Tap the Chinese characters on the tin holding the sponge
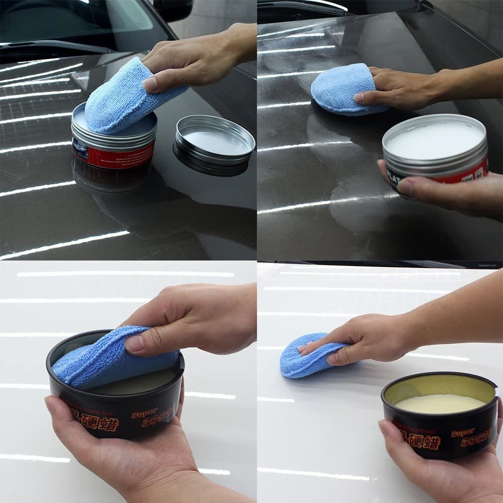point(98,422)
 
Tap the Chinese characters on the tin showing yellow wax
point(421,441)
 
